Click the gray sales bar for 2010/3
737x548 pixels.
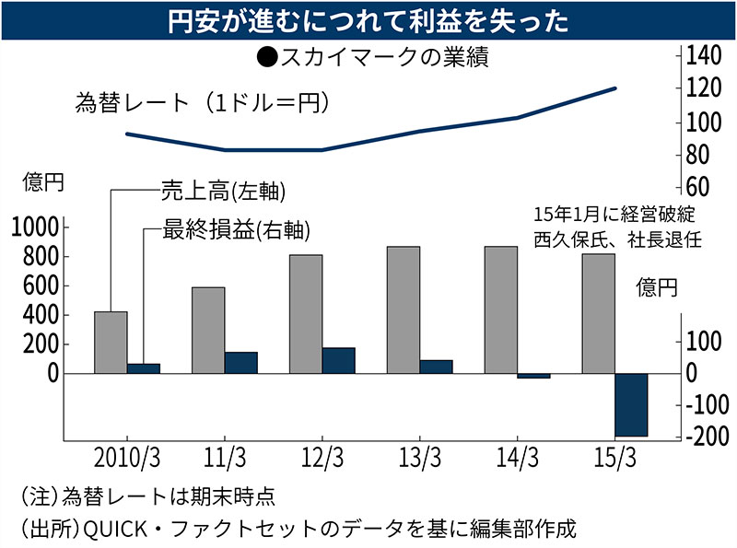(111, 343)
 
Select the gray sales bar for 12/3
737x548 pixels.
(306, 314)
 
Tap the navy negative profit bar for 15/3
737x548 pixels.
(631, 405)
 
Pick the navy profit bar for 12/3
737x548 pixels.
(338, 361)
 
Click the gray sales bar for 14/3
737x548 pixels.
(501, 310)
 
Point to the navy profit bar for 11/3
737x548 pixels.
(240, 363)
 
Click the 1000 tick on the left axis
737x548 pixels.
(36, 227)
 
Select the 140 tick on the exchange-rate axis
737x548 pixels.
(701, 55)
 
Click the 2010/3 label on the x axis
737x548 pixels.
(127, 456)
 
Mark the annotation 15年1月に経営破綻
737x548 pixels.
(613, 215)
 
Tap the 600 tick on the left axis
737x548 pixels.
(43, 286)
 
